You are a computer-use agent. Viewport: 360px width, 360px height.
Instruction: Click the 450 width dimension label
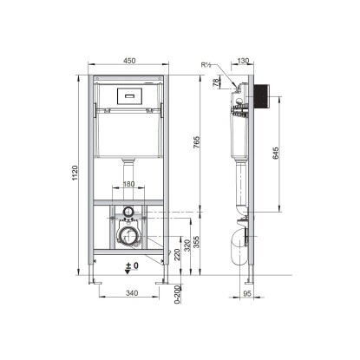point(129,61)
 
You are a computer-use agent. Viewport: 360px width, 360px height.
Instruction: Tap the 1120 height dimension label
point(75,173)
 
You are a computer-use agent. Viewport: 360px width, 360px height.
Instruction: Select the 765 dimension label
point(196,142)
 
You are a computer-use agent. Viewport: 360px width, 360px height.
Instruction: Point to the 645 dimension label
point(276,153)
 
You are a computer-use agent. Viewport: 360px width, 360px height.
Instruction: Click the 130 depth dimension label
point(243,61)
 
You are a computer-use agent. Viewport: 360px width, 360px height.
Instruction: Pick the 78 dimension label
point(216,83)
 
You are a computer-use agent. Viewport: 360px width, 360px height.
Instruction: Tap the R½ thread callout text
point(206,65)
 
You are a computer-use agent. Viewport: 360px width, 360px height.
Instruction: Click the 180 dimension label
point(129,184)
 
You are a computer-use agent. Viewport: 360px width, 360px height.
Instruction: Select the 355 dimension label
point(196,242)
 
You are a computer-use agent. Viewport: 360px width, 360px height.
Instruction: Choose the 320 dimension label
point(187,245)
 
